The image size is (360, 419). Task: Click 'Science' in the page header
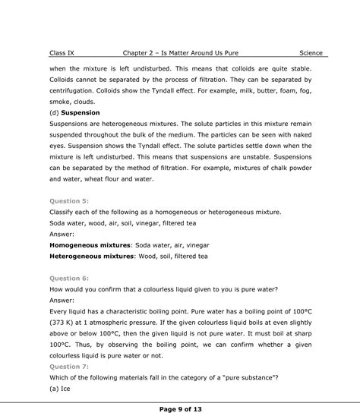(x=311, y=53)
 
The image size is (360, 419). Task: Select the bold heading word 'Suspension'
(x=81, y=112)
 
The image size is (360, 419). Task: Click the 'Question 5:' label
(x=69, y=201)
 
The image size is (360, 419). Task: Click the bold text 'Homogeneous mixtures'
(x=90, y=245)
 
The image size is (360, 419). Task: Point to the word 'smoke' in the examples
(x=60, y=101)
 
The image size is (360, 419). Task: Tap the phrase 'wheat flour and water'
(x=115, y=179)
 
